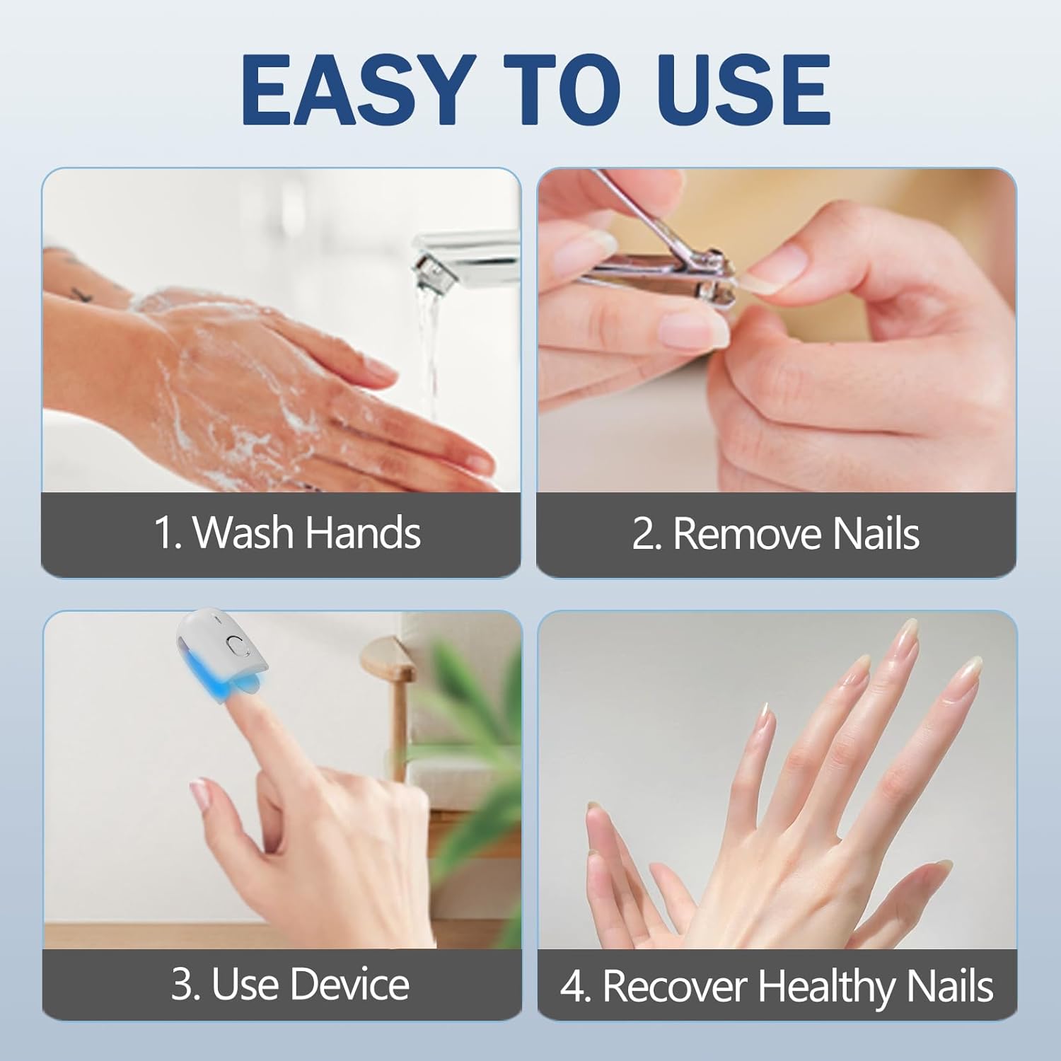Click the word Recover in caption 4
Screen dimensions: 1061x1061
(x=675, y=986)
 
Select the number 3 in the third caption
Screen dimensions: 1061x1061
(x=181, y=984)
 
